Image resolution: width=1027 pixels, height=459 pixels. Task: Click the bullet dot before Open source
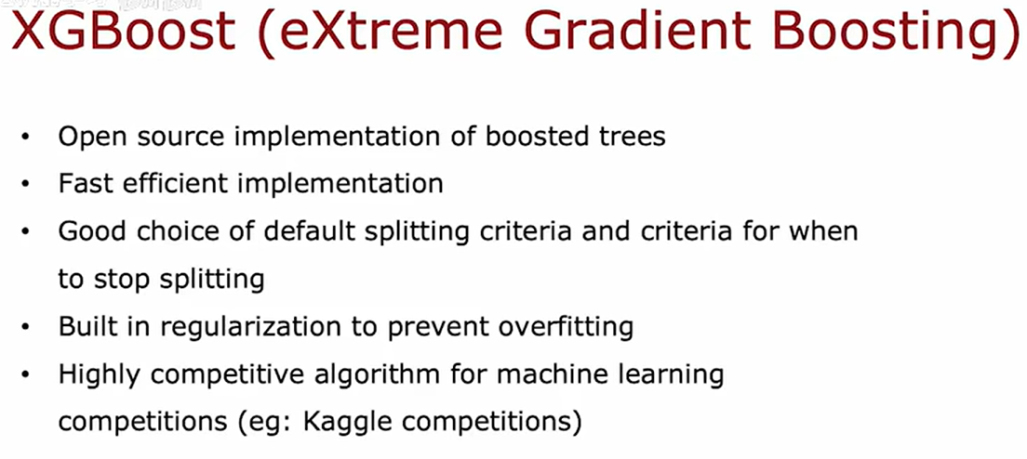coord(25,138)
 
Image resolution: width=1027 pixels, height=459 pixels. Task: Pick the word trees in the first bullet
coord(630,137)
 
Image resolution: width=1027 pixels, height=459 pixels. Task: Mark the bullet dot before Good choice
coord(25,232)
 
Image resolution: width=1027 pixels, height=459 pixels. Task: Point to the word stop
coord(122,279)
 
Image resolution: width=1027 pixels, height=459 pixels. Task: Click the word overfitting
coord(566,326)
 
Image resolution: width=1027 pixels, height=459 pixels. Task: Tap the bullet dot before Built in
coord(25,328)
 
